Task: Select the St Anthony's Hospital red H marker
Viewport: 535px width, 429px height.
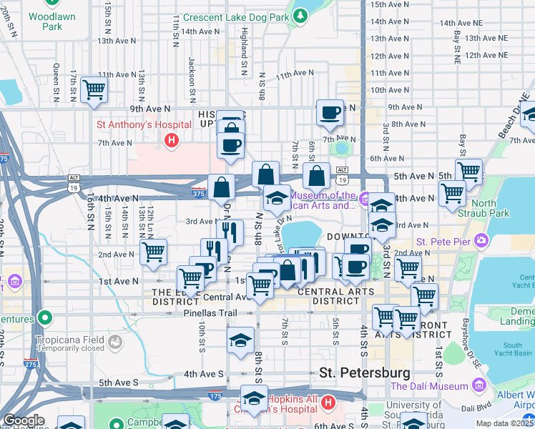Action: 171,141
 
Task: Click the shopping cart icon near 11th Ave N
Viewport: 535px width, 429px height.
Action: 94,89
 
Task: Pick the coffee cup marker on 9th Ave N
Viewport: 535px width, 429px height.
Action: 330,112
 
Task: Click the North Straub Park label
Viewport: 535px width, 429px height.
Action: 494,208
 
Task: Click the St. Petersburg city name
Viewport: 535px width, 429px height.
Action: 364,373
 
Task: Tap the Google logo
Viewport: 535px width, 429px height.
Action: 24,420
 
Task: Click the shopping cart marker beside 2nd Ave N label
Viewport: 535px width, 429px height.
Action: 153,252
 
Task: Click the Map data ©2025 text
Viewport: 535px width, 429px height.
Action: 505,423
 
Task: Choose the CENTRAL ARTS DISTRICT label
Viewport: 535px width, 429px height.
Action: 335,296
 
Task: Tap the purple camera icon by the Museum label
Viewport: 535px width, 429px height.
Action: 364,199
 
